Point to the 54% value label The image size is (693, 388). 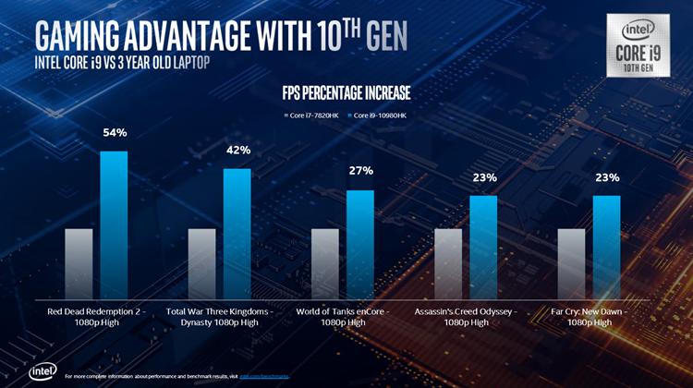tap(115, 133)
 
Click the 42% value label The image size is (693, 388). tap(237, 151)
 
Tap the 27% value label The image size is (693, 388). tap(360, 171)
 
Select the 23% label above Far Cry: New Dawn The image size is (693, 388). tap(607, 177)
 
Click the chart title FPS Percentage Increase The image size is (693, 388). tap(346, 93)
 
